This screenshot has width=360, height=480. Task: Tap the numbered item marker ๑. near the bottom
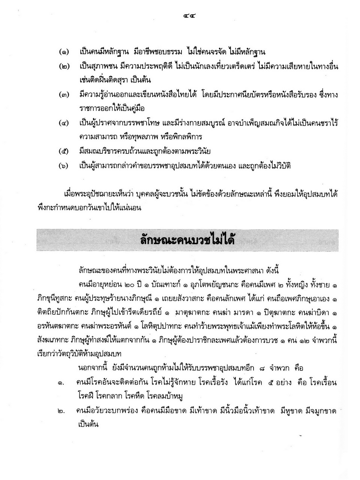coord(60,383)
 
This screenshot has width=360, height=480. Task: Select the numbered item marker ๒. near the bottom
coord(60,411)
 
